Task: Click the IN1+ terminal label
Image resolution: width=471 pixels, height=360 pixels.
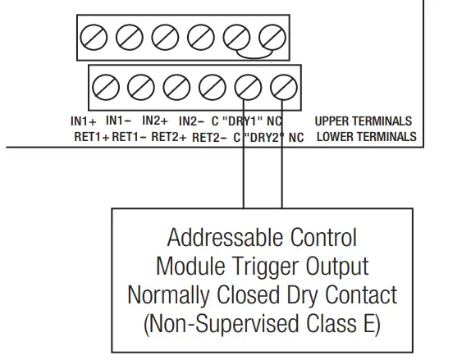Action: [84, 121]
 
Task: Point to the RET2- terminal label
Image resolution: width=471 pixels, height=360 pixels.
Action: [209, 137]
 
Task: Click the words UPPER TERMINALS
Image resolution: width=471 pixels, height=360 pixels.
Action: [363, 121]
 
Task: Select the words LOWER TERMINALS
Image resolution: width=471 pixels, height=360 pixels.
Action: [366, 137]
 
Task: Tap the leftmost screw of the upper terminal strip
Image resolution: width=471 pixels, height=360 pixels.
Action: [93, 36]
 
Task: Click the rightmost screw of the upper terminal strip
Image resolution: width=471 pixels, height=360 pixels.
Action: [272, 36]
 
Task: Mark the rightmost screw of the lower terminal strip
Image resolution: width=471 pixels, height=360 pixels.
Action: [283, 85]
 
